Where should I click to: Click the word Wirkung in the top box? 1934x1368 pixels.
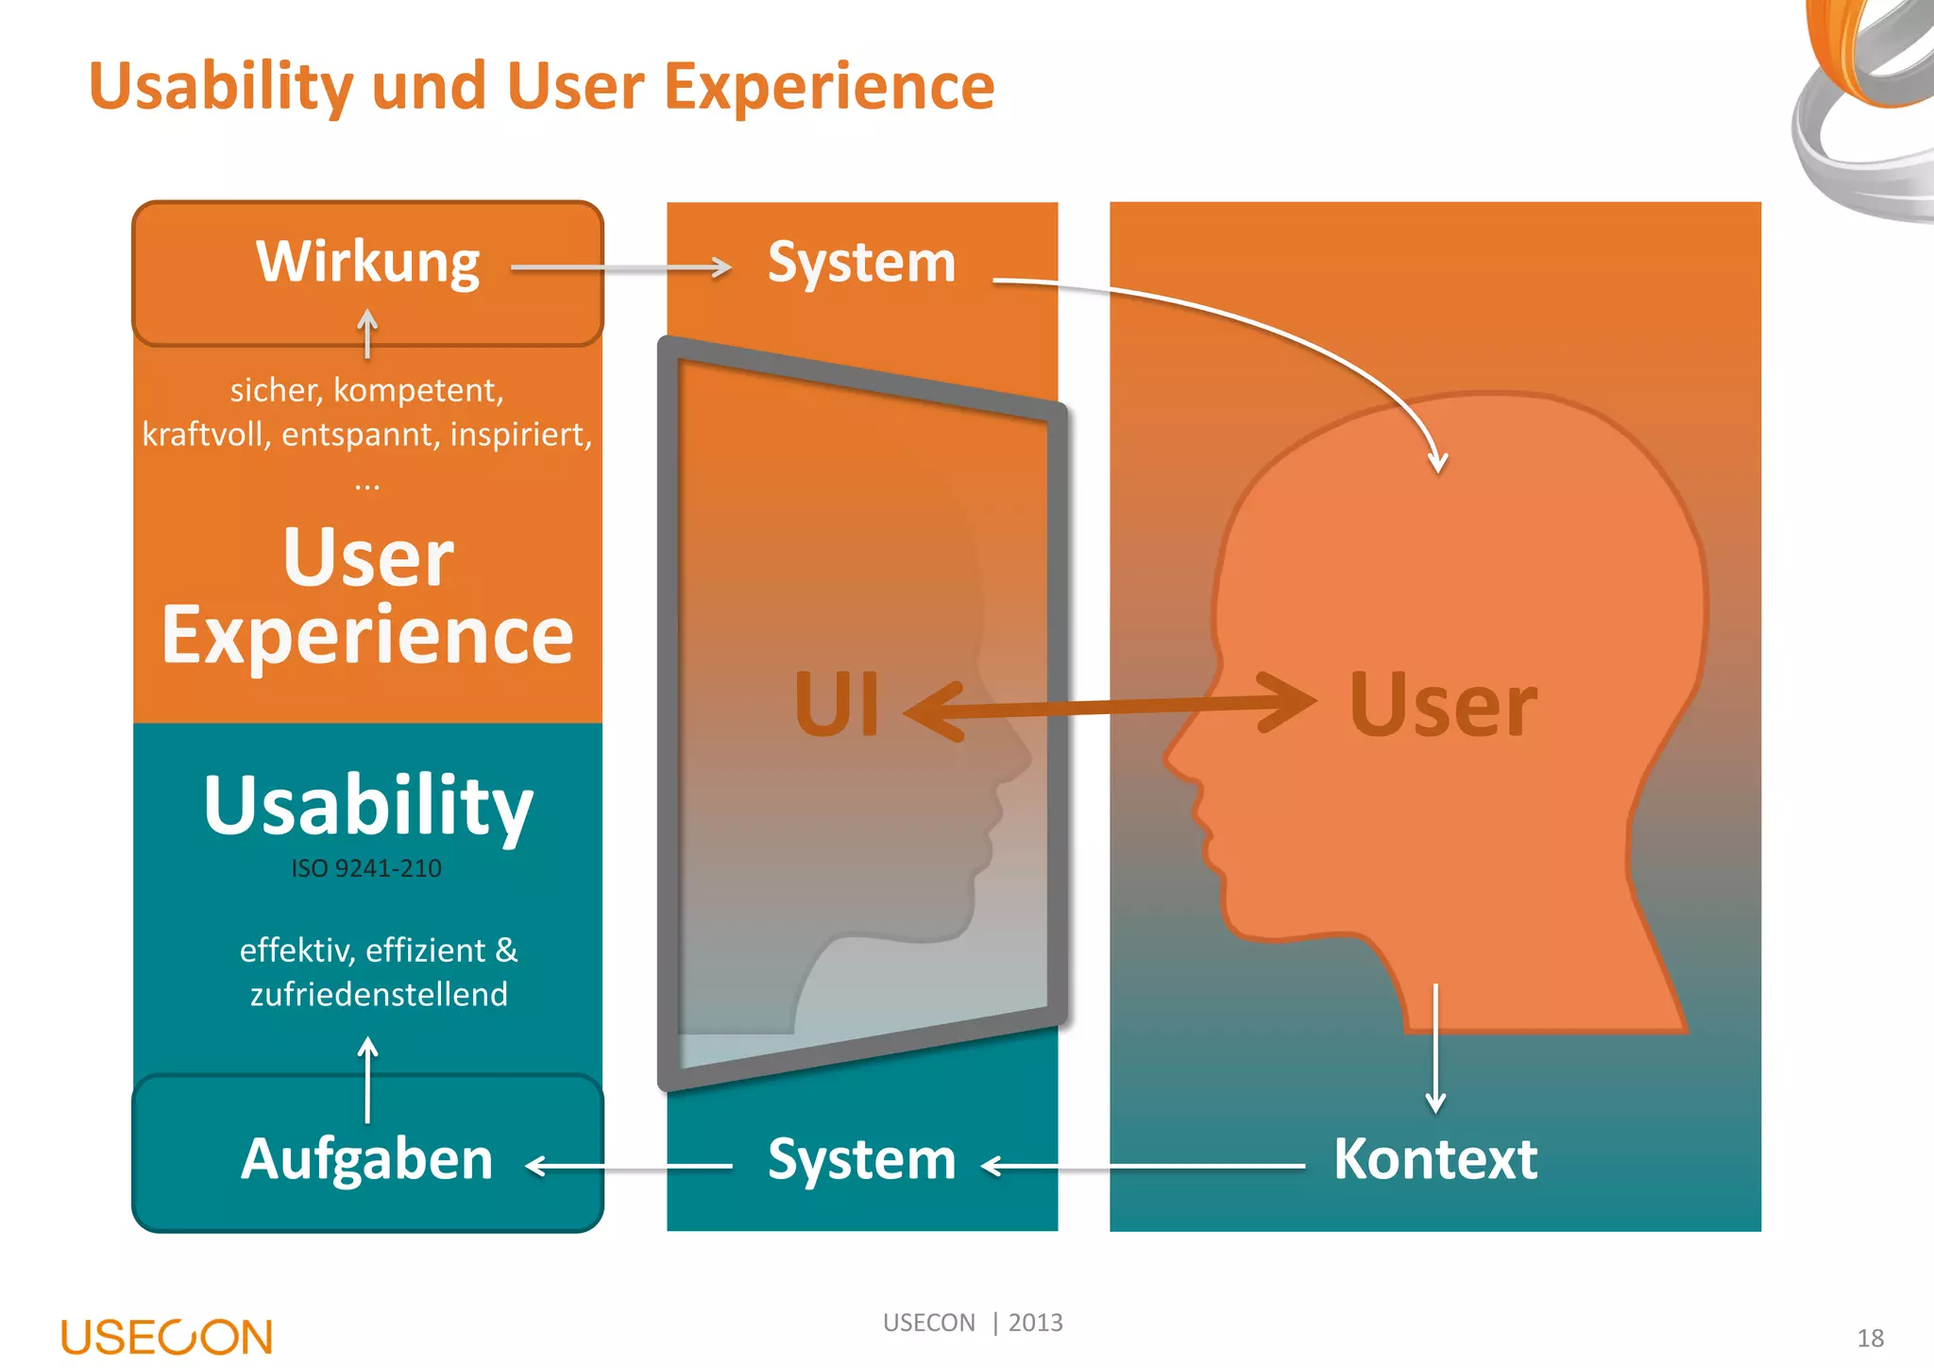click(367, 263)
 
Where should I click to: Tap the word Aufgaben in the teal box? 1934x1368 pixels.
click(367, 1159)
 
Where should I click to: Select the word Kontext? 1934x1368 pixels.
click(1434, 1159)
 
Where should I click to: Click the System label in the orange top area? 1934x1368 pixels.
click(861, 263)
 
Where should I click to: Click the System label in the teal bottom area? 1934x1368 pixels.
click(861, 1159)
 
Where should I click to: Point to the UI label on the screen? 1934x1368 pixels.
click(837, 705)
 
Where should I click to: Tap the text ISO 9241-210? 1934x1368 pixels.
click(366, 868)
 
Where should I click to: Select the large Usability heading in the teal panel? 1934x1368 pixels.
click(367, 805)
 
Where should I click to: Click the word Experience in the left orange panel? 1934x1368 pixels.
click(367, 635)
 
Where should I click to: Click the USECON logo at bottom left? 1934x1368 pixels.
click(167, 1337)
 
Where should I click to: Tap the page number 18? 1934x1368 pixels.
click(1870, 1338)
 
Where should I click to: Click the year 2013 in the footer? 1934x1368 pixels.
click(1035, 1323)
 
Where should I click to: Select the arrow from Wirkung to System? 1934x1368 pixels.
click(620, 267)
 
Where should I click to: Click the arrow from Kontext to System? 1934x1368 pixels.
click(1143, 1167)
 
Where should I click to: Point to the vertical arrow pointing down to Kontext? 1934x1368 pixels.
click(1435, 1049)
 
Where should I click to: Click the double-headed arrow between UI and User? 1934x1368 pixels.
click(1110, 707)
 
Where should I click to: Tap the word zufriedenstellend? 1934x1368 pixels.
click(379, 994)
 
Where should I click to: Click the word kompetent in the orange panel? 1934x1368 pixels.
click(418, 390)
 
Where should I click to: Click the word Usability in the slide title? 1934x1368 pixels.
click(221, 87)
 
